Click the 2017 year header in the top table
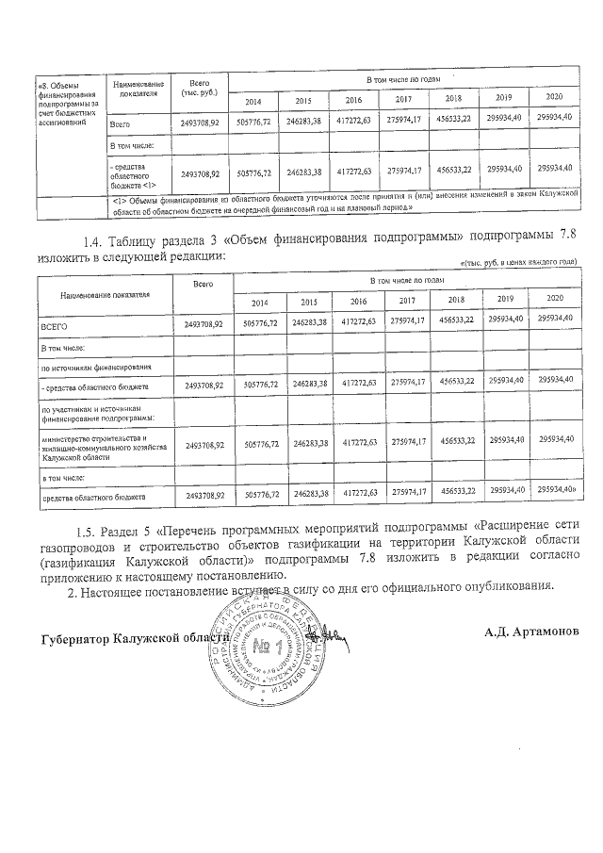(402, 100)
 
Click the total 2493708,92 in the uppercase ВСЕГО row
(202, 324)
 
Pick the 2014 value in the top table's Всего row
(257, 122)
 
